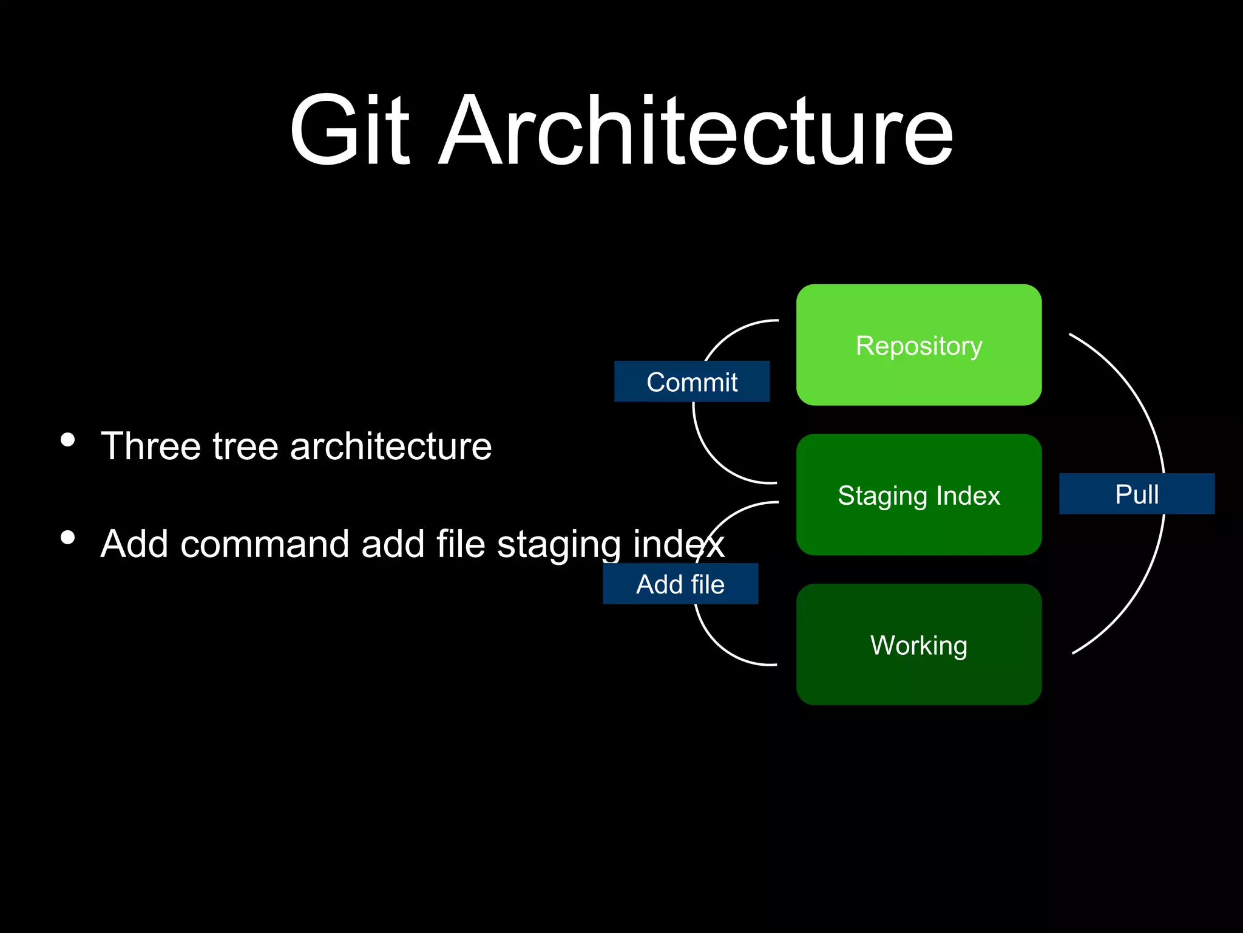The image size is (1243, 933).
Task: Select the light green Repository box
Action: [919, 345]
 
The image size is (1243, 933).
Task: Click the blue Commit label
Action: [692, 382]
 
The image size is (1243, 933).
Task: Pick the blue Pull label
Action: [1137, 494]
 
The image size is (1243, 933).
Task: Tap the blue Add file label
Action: [680, 584]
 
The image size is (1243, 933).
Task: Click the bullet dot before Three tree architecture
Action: [68, 439]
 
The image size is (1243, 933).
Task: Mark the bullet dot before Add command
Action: [68, 537]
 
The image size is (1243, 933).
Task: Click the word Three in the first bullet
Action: [151, 446]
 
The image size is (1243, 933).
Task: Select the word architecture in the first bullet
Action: [390, 446]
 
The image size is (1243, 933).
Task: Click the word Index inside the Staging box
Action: [967, 496]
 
